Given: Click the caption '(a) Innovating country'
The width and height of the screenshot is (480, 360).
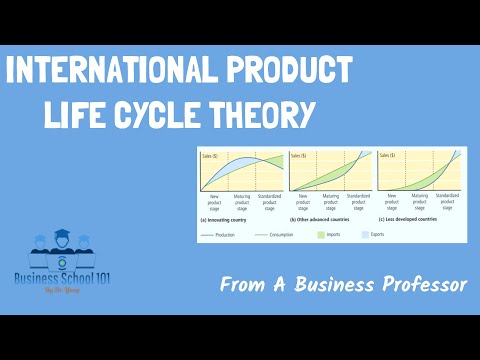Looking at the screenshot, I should point(230,219).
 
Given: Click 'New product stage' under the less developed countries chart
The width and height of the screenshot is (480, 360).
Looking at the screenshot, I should point(392,201).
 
